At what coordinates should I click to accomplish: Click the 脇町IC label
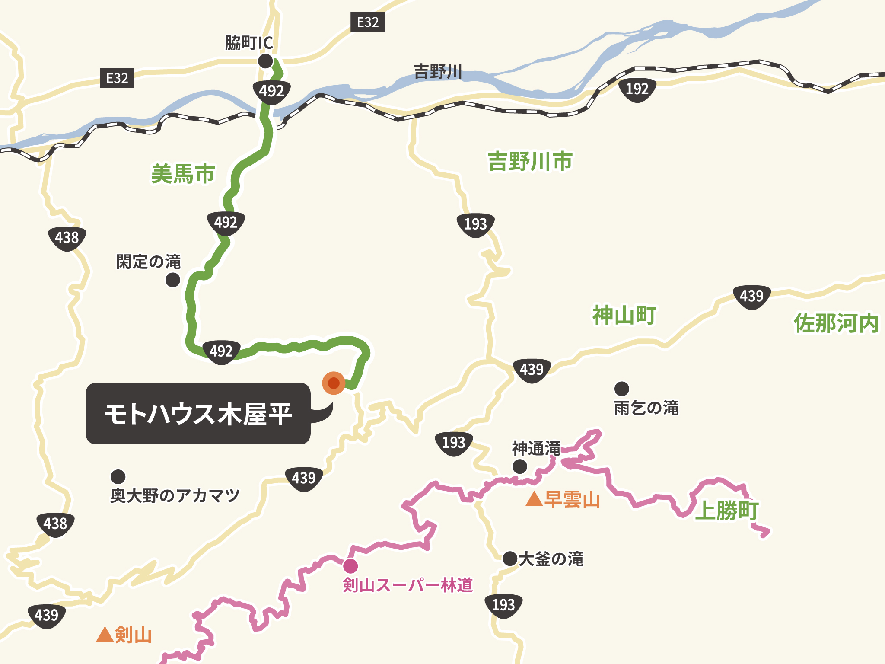click(x=249, y=43)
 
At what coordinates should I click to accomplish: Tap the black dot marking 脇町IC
click(x=265, y=61)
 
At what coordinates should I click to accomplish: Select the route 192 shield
click(x=637, y=89)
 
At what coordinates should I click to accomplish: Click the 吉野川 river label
click(x=438, y=71)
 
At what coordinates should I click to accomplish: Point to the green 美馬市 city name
click(x=183, y=174)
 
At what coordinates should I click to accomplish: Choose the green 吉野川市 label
click(x=530, y=161)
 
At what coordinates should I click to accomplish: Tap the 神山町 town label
click(x=624, y=315)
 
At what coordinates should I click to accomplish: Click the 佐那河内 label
click(x=836, y=323)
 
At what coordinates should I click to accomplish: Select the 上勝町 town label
click(x=726, y=511)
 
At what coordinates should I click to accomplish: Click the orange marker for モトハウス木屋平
click(x=334, y=383)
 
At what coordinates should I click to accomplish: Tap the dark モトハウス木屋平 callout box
click(x=198, y=413)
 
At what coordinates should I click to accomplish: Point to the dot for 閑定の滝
click(x=173, y=280)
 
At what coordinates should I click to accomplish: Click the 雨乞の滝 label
click(x=646, y=408)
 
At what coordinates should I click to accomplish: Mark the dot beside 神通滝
click(x=520, y=466)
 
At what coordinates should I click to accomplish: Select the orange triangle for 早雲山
click(x=534, y=499)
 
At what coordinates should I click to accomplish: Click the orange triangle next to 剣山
click(x=105, y=634)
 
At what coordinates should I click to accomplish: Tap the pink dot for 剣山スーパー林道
click(x=350, y=566)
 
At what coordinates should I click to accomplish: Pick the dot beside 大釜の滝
click(x=510, y=559)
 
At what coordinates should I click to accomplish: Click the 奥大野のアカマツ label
click(x=175, y=495)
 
